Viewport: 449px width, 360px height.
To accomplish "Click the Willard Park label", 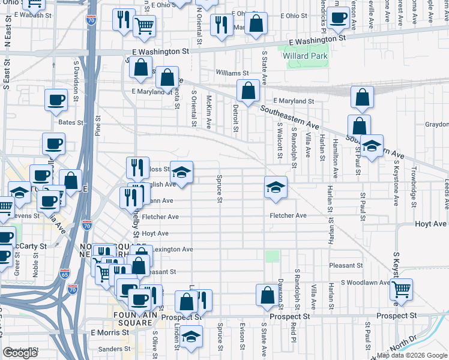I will [x=305, y=56].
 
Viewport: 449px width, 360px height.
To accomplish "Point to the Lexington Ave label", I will [x=173, y=249].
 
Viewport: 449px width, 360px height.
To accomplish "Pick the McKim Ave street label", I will [x=209, y=112].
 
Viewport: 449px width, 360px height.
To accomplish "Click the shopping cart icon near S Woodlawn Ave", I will [x=401, y=290].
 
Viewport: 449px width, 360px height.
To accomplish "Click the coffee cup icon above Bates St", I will [x=56, y=100].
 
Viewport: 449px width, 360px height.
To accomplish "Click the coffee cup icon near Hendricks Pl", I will [x=338, y=19].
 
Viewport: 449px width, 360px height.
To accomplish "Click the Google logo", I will [x=20, y=353].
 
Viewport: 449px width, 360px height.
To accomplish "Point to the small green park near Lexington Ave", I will [x=273, y=256].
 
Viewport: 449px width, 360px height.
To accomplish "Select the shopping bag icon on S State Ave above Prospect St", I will [x=267, y=295].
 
